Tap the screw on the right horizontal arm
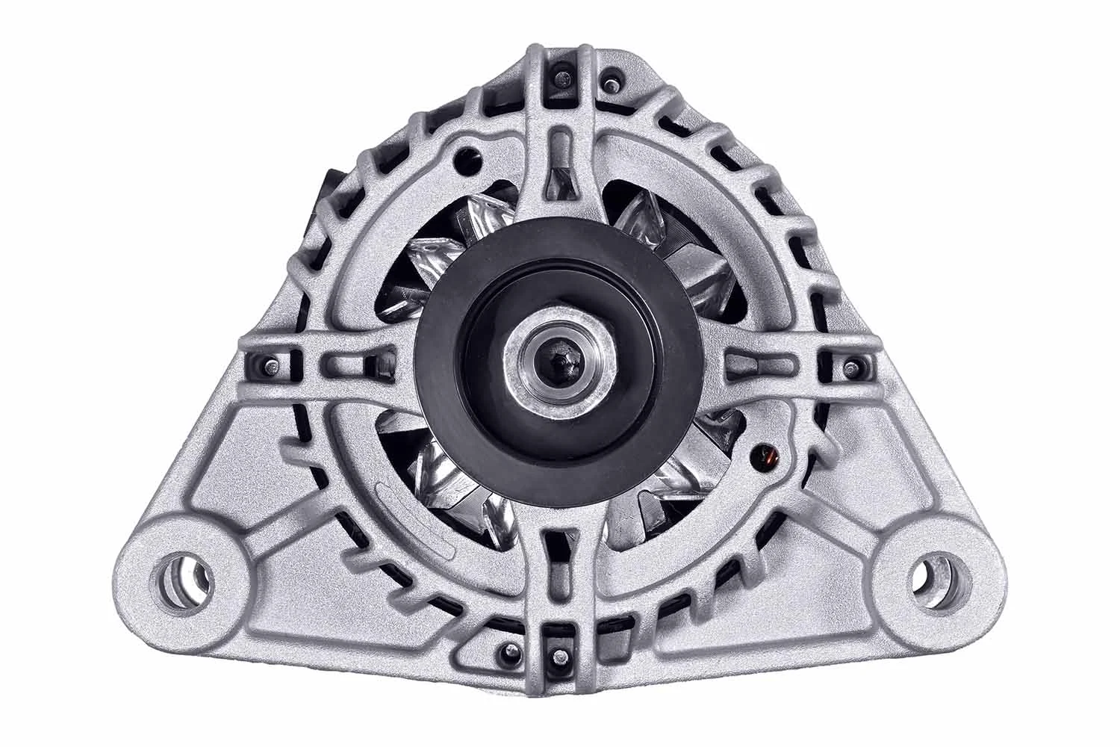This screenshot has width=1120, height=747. pyautogui.click(x=850, y=365)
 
